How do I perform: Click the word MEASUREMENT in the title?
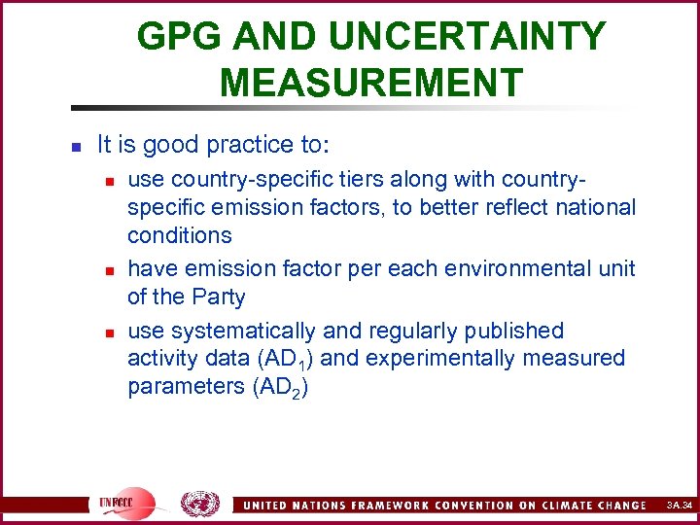pos(371,82)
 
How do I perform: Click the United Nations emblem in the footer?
pos(200,503)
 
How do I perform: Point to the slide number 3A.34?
pos(679,506)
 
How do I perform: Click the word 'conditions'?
pos(180,235)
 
